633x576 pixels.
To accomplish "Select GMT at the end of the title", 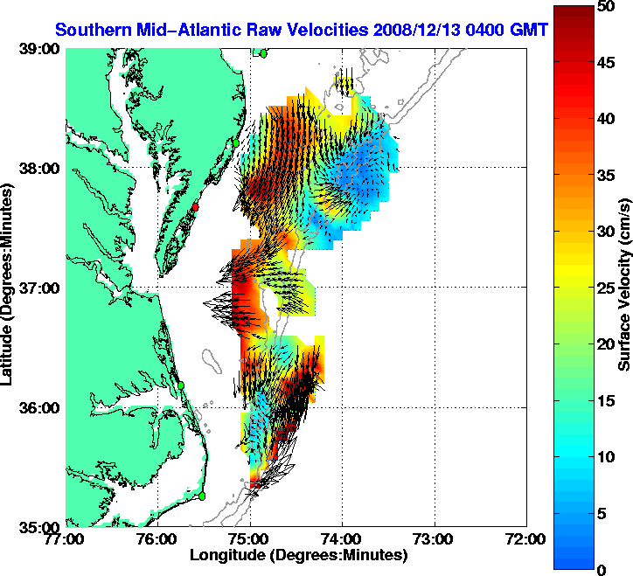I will click(x=530, y=30).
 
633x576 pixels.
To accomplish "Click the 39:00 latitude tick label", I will click(x=39, y=49).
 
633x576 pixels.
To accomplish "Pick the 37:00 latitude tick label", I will click(x=39, y=288).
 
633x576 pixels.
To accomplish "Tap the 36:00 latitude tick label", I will click(x=39, y=407).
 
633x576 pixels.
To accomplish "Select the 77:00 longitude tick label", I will click(x=66, y=539).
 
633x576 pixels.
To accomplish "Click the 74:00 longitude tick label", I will click(x=343, y=539).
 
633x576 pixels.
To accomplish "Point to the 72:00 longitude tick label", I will click(x=527, y=539).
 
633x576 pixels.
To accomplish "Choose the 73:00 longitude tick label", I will click(x=435, y=539).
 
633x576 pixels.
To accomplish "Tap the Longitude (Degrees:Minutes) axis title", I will click(x=298, y=555).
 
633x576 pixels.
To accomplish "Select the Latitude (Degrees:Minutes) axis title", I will click(x=8, y=288).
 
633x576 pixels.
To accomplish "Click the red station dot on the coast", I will click(x=197, y=207).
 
